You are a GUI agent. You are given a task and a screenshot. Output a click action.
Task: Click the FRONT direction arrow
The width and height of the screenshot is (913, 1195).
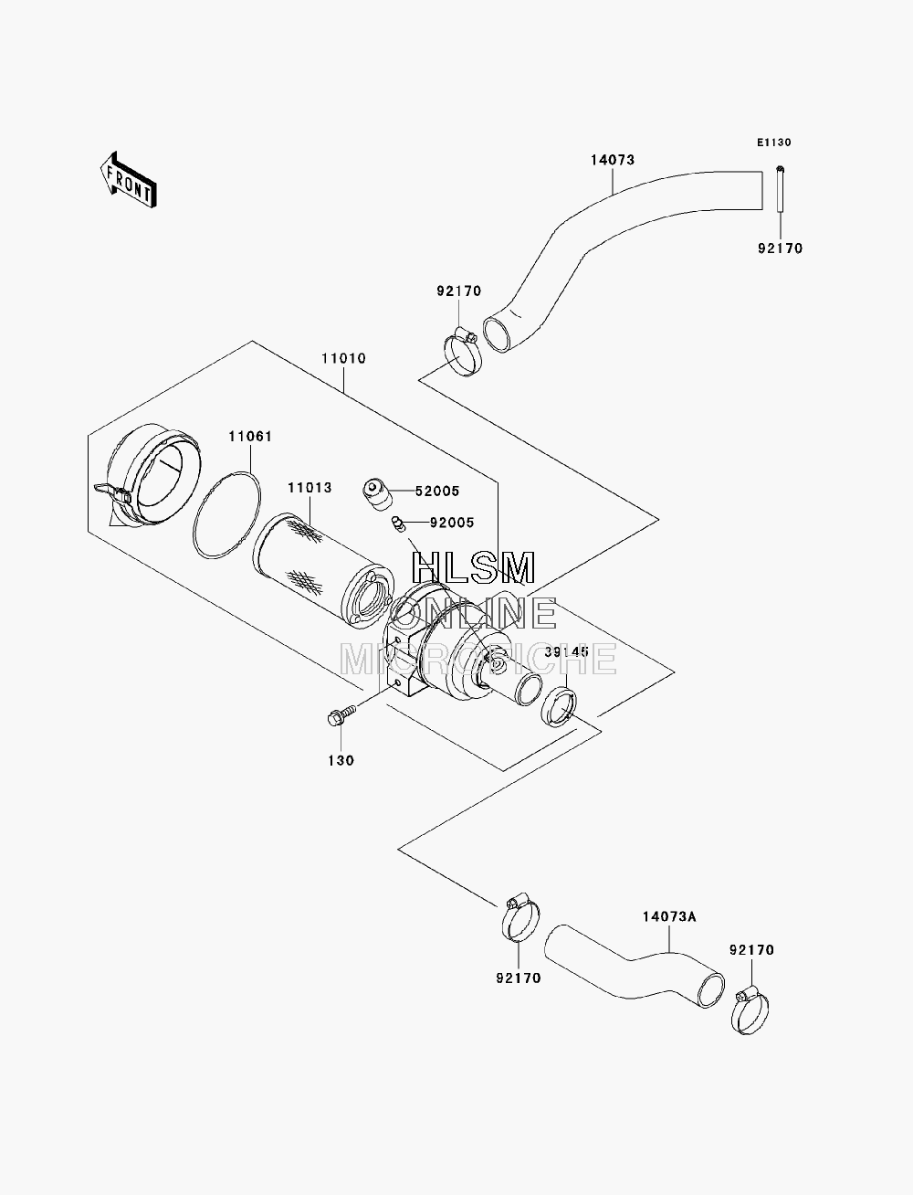pos(129,180)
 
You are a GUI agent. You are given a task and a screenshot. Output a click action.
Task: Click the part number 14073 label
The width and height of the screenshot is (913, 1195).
pos(613,160)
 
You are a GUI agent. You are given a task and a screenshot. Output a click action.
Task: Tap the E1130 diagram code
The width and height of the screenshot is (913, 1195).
pos(773,143)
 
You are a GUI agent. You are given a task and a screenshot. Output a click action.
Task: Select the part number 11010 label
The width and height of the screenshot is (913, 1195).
pos(343,359)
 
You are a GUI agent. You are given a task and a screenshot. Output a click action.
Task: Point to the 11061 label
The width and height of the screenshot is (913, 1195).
pos(250,436)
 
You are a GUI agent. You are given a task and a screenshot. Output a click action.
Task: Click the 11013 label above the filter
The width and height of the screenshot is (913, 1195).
pos(309,487)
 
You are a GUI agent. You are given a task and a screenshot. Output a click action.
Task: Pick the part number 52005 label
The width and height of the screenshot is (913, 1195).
pos(437,492)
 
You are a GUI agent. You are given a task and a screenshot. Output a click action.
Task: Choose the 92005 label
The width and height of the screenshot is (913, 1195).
pos(452,523)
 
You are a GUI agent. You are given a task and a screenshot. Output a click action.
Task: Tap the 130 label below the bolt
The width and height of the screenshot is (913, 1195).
pos(341,760)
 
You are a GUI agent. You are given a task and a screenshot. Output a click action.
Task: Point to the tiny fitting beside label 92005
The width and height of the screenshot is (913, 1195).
pos(398,524)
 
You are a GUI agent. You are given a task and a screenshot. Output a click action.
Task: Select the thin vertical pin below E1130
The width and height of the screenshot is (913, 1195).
pos(780,189)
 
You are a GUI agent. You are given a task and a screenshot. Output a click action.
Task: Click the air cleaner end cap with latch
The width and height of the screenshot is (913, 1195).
pos(147,475)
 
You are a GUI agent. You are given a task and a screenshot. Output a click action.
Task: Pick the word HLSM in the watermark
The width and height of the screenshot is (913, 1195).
pos(473,568)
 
